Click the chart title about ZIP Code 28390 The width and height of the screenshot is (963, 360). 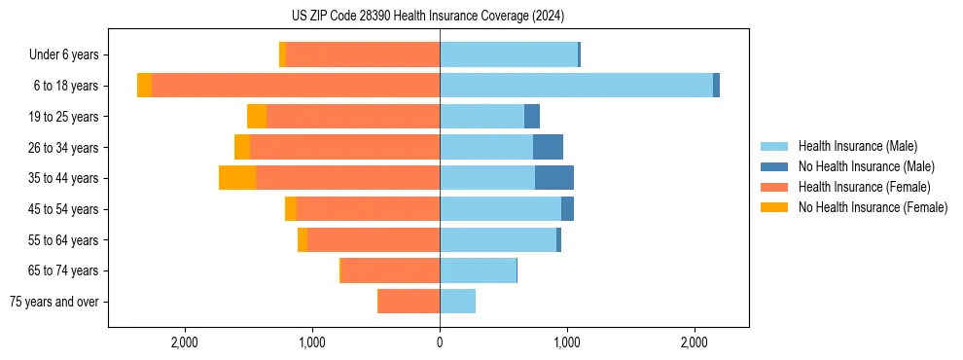(427, 17)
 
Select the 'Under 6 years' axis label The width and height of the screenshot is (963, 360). (70, 55)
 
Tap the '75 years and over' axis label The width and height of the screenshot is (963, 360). (54, 302)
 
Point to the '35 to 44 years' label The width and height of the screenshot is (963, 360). (65, 178)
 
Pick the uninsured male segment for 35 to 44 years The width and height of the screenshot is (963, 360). (554, 178)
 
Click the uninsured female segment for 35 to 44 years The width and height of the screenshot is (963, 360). (237, 178)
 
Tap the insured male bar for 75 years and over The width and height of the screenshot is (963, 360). (457, 302)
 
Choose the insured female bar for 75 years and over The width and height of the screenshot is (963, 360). (409, 302)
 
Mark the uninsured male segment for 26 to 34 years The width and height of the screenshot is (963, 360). (548, 147)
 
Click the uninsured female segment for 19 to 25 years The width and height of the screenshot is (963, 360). (257, 117)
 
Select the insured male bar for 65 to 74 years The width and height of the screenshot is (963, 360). (478, 270)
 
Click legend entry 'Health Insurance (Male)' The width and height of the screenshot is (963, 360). (857, 147)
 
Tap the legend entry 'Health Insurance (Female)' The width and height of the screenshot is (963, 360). (864, 187)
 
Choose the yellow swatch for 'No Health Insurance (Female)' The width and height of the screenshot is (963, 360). (775, 207)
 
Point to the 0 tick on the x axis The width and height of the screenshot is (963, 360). (440, 342)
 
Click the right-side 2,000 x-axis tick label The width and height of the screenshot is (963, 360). (694, 342)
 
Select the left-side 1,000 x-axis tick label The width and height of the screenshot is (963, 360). (312, 342)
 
